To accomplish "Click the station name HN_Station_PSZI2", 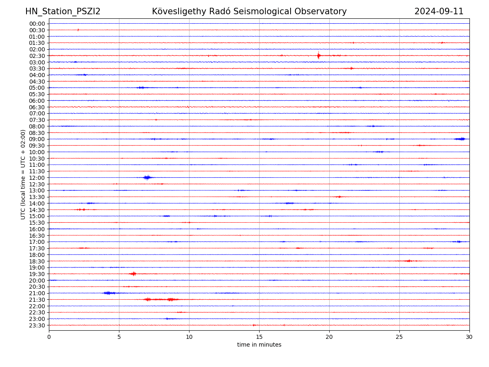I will pos(63,11).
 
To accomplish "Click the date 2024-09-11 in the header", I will pos(439,11).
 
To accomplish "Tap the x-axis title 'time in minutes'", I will pos(259,345).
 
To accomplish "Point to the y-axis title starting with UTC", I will pos(23,175).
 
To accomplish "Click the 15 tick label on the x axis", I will pos(259,337).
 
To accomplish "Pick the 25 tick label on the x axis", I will pos(399,337).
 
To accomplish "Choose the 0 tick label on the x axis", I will pos(49,337).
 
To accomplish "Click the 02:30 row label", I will pos(37,56).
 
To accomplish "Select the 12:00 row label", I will pos(37,178).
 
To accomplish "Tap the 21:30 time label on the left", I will pos(37,300).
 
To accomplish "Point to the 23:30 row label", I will pos(37,325).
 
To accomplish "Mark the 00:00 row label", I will pos(37,24).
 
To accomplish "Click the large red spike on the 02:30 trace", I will pos(318,55).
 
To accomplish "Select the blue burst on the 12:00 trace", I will pos(147,177).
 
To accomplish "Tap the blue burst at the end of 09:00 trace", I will pos(460,139).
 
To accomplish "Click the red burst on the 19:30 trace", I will pos(133,274).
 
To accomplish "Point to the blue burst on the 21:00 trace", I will pos(108,293).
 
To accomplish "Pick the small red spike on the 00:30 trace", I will pos(78,30).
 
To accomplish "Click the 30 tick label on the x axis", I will pos(469,337).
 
